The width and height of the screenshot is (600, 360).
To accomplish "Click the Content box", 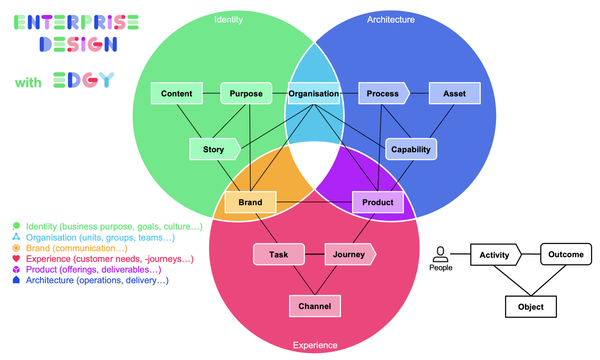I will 177,93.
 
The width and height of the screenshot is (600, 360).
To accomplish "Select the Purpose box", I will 246,93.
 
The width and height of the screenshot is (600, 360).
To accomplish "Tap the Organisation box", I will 314,93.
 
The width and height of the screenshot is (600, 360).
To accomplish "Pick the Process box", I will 383,93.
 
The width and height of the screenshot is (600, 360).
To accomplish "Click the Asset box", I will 454,93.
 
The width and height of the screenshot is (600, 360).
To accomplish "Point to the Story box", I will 214,149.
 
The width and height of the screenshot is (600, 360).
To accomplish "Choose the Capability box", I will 411,149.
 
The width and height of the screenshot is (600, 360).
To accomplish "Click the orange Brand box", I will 250,202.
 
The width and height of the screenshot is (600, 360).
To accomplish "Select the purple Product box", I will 378,202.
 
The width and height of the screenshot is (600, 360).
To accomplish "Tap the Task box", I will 279,255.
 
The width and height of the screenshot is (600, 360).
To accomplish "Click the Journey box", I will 349,255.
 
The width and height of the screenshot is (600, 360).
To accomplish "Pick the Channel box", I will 315,306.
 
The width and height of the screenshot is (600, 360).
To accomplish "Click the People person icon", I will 441,254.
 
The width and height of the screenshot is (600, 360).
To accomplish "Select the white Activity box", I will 495,255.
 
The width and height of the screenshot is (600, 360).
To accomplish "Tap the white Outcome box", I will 566,254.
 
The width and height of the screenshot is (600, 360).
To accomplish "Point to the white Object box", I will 531,307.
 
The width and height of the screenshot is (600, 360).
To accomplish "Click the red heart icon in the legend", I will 16,258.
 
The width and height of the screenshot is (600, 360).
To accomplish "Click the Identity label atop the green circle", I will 229,20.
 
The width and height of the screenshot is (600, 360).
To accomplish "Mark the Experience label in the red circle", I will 315,345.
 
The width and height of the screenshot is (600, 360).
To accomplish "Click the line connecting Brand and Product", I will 314,202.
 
